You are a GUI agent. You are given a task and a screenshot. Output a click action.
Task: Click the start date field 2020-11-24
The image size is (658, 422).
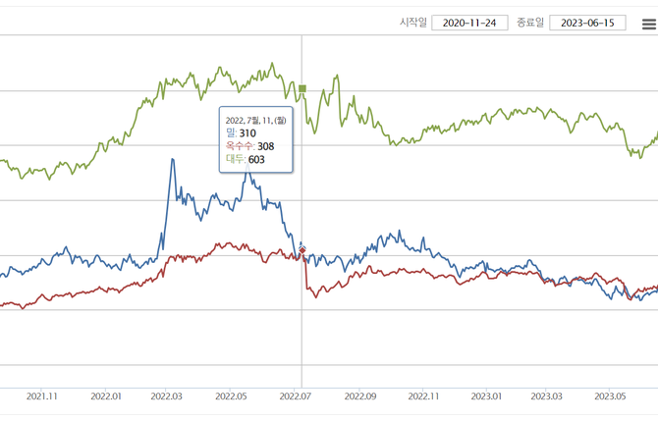468,23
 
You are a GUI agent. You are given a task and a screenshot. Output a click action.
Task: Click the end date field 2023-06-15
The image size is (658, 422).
587,23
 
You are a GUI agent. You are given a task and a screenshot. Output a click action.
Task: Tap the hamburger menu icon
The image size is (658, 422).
649,25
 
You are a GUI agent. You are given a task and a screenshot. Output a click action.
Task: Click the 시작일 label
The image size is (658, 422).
412,23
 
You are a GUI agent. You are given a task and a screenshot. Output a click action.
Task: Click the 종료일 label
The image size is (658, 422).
530,23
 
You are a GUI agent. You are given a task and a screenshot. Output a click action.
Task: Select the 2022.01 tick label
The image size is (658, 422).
105,396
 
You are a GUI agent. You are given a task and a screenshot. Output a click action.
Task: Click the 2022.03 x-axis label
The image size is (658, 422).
168,396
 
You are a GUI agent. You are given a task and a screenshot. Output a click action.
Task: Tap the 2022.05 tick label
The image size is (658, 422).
232,396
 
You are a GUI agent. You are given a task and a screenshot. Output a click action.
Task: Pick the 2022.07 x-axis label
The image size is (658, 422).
296,396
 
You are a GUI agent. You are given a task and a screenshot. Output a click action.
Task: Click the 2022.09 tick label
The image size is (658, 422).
359,396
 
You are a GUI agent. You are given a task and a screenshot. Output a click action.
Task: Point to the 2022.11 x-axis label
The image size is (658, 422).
423,396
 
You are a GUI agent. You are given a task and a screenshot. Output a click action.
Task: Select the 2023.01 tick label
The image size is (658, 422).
486,396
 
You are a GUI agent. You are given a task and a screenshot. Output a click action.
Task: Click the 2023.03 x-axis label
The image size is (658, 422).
547,396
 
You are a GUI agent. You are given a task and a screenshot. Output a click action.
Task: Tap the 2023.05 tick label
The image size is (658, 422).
610,396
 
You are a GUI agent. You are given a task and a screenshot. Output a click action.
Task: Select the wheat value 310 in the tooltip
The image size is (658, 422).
247,133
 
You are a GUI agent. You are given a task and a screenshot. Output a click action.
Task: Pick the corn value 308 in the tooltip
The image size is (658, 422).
265,146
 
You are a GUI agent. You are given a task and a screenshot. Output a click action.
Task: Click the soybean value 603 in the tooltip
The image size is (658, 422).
256,159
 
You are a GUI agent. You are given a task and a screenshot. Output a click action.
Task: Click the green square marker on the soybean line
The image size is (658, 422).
302,89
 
